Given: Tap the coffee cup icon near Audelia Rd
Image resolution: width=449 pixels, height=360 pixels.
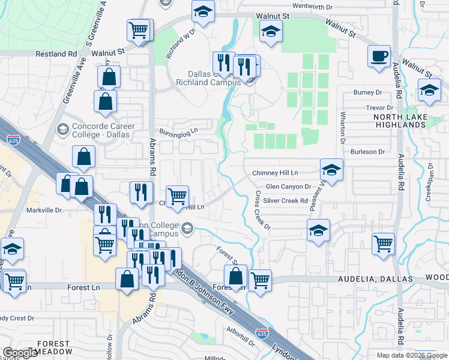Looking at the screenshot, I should [378, 56].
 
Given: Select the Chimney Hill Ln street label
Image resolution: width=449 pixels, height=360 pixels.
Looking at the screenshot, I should [275, 173].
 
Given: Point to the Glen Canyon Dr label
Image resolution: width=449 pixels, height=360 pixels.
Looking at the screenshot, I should [288, 187].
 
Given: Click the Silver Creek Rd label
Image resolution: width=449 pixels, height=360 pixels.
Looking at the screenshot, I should [285, 201].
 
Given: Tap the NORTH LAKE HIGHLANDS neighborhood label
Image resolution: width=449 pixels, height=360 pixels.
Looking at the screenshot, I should [400, 121].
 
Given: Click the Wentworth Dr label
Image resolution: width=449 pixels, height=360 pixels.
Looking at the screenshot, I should [312, 6].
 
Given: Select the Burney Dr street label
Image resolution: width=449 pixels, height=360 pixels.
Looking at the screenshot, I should [367, 93].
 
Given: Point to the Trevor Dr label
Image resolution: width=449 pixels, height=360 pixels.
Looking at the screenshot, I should [379, 108].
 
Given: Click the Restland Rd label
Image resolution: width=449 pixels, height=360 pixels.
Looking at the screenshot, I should [57, 53].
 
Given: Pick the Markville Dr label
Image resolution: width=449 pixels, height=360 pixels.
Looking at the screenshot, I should [44, 211].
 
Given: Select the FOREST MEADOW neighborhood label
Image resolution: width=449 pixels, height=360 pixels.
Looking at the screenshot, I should [54, 347].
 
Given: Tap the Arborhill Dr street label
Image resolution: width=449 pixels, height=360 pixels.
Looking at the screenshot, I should [241, 331].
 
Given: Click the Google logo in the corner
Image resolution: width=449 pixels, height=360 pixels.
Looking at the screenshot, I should [20, 353].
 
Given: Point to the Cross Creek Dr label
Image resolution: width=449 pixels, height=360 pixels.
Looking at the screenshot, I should [263, 210].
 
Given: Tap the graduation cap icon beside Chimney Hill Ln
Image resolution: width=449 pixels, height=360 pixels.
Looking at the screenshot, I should [331, 169].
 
